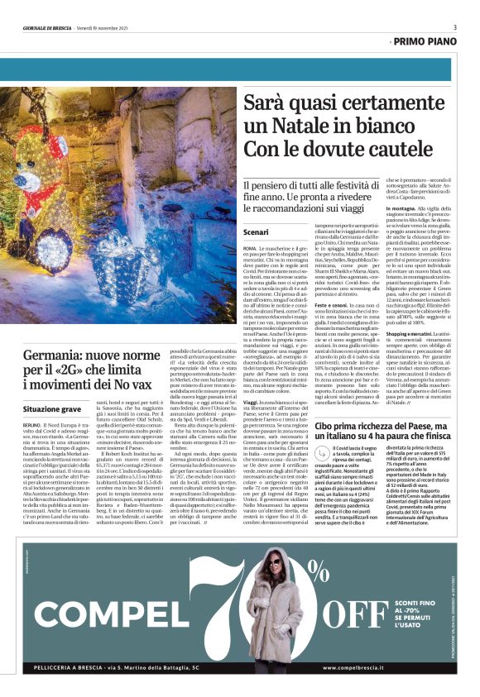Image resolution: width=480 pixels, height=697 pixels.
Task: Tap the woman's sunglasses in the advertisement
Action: click(272, 561)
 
